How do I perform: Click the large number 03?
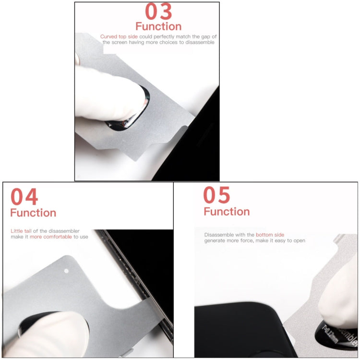click(158, 12)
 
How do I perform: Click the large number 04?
click(24, 197)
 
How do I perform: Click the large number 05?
click(216, 195)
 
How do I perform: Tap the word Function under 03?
click(158, 26)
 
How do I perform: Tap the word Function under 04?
click(33, 213)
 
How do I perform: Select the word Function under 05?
click(227, 212)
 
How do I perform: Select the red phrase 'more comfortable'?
click(51, 237)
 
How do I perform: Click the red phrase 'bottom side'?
click(270, 235)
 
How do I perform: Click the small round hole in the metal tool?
click(66, 271)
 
